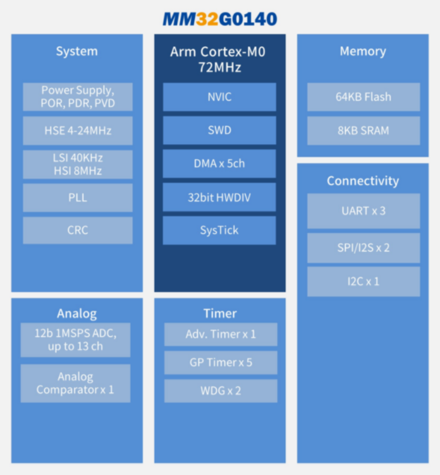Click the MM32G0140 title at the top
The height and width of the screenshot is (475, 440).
coord(219,19)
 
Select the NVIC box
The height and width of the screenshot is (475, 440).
coord(219,97)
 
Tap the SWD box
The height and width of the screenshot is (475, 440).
coord(219,130)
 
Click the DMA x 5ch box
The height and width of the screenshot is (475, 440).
coord(219,164)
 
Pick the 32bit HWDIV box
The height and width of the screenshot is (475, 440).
coord(219,197)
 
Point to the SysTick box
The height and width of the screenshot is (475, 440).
coord(219,231)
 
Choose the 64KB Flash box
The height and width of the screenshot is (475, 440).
coord(364,97)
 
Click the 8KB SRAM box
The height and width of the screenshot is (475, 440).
coord(364,131)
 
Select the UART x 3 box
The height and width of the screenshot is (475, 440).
coord(364,211)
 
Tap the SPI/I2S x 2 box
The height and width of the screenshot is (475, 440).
coord(364,248)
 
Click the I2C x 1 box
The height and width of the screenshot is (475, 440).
coord(364,281)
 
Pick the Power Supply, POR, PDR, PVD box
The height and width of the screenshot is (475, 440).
coord(78,97)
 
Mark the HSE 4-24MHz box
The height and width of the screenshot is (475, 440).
coord(78,131)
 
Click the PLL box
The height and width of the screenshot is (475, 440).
coord(78,198)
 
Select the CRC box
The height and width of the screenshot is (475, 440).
coord(78,231)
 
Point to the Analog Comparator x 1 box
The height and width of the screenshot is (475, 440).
coord(75,383)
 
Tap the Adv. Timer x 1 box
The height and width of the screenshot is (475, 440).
coord(221,334)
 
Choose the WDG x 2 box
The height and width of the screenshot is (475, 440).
coord(221,391)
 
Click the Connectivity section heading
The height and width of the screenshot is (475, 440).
coord(363,181)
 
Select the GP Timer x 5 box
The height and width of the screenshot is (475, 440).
coord(221,363)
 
